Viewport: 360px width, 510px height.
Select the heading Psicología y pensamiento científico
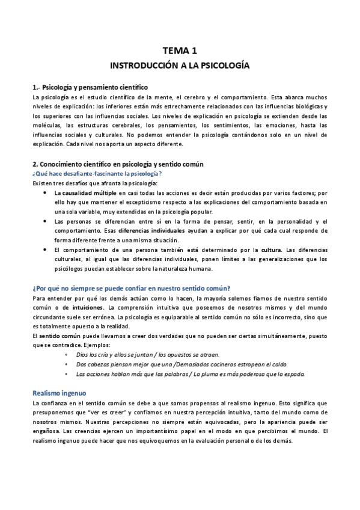pyautogui.click(x=90, y=87)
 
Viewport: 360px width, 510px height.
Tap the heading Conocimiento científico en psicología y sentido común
pyautogui.click(x=118, y=164)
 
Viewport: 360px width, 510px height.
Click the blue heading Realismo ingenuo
pyautogui.click(x=61, y=374)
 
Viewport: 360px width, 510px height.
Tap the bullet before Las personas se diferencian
pyautogui.click(x=47, y=221)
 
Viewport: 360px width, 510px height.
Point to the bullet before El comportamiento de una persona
pyautogui.click(x=47, y=249)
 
